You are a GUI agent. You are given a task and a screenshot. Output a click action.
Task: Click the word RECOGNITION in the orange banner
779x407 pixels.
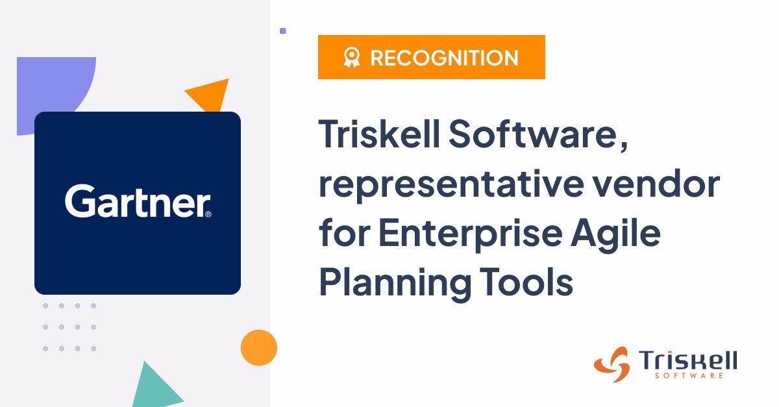click(444, 58)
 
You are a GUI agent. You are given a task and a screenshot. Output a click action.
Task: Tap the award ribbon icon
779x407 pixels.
click(352, 57)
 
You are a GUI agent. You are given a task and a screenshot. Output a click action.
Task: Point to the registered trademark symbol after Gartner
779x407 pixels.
click(208, 214)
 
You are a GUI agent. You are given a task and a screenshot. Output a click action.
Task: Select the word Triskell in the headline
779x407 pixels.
click(379, 134)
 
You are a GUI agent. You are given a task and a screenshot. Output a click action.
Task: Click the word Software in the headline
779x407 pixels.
click(533, 134)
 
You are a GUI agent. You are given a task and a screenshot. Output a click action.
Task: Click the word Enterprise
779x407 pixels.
click(470, 234)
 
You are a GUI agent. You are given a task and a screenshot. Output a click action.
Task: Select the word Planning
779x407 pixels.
click(395, 283)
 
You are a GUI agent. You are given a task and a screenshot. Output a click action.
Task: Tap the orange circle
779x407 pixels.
click(259, 347)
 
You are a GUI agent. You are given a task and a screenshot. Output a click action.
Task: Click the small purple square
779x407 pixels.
click(283, 31)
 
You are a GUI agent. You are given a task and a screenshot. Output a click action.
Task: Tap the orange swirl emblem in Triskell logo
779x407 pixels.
click(613, 364)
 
